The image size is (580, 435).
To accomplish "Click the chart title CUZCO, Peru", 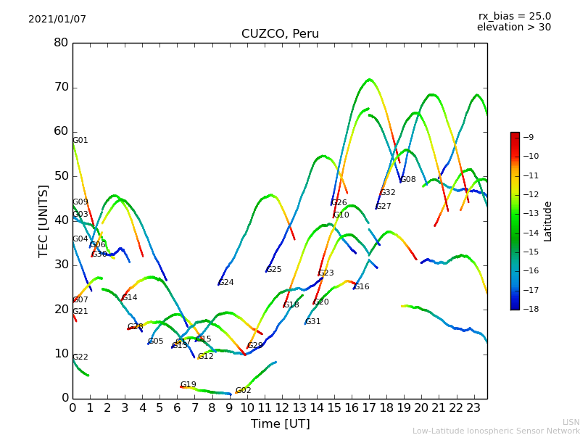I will (x=280, y=34).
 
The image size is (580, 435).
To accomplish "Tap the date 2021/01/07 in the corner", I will (x=57, y=20).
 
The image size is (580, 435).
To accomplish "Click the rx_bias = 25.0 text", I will (x=514, y=17).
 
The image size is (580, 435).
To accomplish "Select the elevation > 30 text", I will (x=513, y=28).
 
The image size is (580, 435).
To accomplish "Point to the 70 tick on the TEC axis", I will (x=61, y=88).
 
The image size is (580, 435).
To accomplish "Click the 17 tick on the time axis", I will (x=369, y=407).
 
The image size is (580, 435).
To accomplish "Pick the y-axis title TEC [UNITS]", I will (x=44, y=220).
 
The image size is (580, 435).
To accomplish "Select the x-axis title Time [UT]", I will (x=280, y=424).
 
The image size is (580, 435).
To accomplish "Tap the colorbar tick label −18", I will (x=530, y=309).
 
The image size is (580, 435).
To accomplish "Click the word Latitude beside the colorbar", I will (x=548, y=221).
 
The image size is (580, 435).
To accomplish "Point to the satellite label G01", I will (x=80, y=141).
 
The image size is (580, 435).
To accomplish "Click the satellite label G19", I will (x=188, y=385).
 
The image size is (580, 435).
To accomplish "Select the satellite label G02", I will (x=243, y=391).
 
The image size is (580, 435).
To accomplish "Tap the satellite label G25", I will (x=274, y=270).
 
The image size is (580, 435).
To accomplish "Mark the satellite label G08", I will (x=408, y=180).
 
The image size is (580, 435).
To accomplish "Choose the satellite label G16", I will (x=362, y=287).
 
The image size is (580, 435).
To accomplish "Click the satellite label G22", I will (x=80, y=357).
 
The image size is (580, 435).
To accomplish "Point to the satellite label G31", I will (x=312, y=322).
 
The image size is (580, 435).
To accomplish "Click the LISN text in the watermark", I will (x=571, y=422).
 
